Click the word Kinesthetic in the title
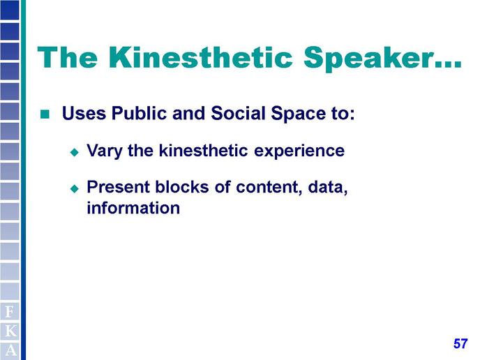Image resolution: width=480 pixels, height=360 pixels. click(200, 57)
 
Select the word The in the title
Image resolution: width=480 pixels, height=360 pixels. click(68, 57)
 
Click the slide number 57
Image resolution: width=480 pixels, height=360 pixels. click(460, 343)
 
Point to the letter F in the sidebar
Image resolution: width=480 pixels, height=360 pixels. click(10, 312)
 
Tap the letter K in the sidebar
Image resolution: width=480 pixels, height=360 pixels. click(10, 331)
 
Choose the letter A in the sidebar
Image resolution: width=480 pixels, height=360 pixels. click(10, 350)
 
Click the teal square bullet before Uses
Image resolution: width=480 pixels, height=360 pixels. click(45, 114)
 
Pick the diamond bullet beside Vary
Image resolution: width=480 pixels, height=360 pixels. click(75, 152)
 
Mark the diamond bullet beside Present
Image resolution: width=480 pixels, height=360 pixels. click(75, 188)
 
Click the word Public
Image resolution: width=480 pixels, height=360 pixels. click(140, 113)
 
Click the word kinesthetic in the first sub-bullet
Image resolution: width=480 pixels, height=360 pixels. click(203, 150)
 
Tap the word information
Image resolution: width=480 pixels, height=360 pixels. click(133, 208)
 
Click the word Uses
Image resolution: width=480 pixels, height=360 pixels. click(84, 113)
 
